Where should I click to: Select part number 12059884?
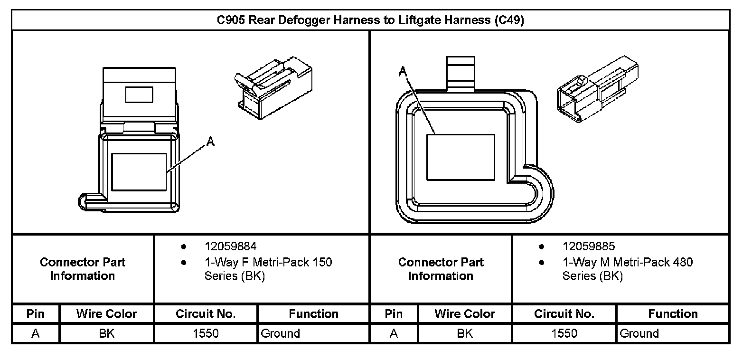[x=231, y=246]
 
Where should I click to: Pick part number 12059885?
[x=589, y=246]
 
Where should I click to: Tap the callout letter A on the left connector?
[x=210, y=142]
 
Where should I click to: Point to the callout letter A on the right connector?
[x=403, y=71]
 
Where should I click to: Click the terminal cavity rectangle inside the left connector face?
[x=139, y=172]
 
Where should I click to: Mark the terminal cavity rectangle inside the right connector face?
[x=461, y=158]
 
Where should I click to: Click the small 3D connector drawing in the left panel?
[x=273, y=88]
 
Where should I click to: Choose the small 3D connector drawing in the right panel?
[x=598, y=89]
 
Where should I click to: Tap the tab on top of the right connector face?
[x=461, y=74]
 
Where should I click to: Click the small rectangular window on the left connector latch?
[x=139, y=95]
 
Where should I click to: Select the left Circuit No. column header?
[x=206, y=313]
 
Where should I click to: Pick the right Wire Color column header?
[x=465, y=313]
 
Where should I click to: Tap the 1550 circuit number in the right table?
[x=564, y=333]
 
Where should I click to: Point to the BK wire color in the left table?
[x=106, y=333]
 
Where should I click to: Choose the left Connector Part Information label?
[x=83, y=269]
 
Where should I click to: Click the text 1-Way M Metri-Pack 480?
[x=628, y=262]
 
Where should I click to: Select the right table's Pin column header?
[x=394, y=313]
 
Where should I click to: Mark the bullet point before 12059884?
[x=184, y=247]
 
